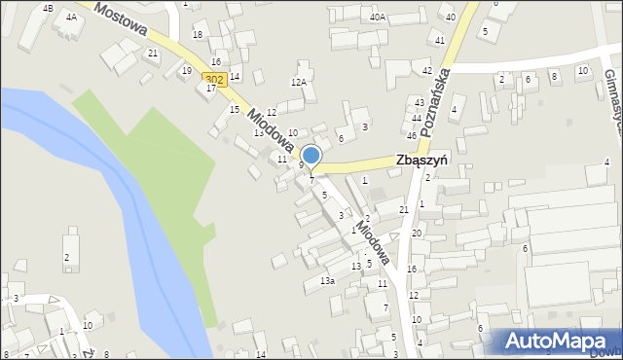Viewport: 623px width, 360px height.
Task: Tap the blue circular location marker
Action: click(x=311, y=156)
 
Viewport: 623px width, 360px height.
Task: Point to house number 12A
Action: click(x=299, y=83)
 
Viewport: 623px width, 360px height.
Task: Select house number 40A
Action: click(x=378, y=17)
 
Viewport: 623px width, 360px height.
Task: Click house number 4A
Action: click(x=71, y=17)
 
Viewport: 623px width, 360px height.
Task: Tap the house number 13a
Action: click(x=328, y=281)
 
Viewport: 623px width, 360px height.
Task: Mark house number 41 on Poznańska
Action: click(x=440, y=40)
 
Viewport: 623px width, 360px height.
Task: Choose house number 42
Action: click(x=426, y=71)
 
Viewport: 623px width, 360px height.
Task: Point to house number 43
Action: click(x=420, y=102)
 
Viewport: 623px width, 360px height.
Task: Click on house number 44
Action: click(x=417, y=118)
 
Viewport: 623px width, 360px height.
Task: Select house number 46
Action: click(x=412, y=135)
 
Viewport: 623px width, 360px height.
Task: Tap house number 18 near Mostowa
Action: click(x=198, y=35)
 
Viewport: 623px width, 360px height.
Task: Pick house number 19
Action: click(x=186, y=70)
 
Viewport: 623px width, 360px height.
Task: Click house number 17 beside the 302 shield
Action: click(x=211, y=88)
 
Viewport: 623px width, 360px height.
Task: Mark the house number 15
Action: click(x=234, y=109)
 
